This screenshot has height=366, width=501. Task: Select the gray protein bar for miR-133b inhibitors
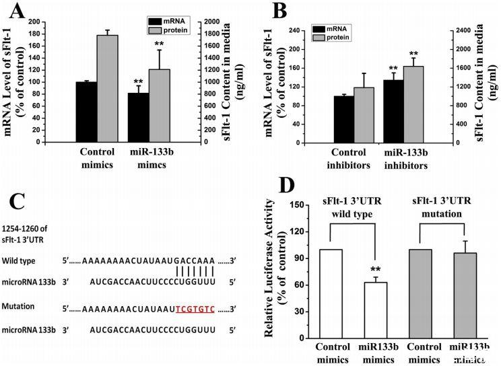tap(413, 104)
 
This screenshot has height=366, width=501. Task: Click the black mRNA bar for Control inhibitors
tap(343, 119)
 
